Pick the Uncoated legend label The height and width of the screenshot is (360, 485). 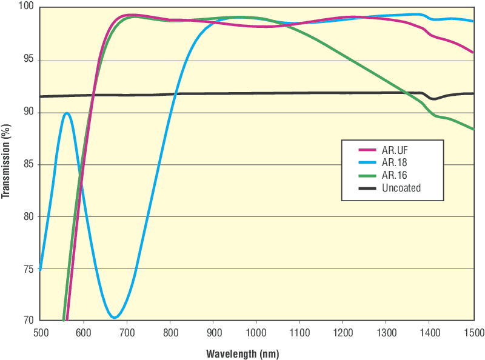pyautogui.click(x=402, y=188)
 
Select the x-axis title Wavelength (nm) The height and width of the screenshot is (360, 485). pyautogui.click(x=243, y=353)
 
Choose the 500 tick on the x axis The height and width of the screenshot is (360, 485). pyautogui.click(x=40, y=332)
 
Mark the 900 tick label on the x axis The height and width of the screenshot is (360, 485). pyautogui.click(x=213, y=332)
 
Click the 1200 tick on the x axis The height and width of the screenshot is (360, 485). pyautogui.click(x=343, y=332)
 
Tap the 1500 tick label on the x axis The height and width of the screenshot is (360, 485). pyautogui.click(x=473, y=332)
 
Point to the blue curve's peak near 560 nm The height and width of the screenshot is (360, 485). pyautogui.click(x=67, y=113)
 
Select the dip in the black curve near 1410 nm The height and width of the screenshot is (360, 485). pyautogui.click(x=433, y=99)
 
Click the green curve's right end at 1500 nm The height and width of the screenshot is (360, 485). pyautogui.click(x=473, y=129)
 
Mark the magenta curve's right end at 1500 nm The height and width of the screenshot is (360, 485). pyautogui.click(x=473, y=53)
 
